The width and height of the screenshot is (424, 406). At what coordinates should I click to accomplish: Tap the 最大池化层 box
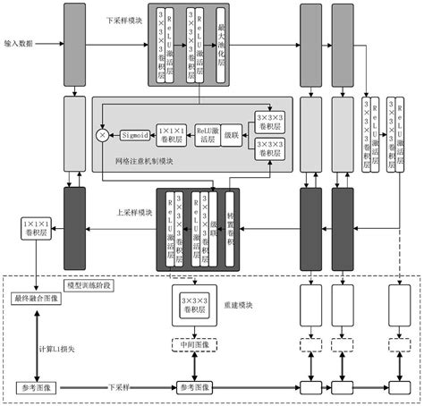221,45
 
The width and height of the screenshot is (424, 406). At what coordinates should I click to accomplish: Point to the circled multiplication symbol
101,134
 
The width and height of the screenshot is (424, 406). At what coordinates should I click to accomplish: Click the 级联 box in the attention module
232,132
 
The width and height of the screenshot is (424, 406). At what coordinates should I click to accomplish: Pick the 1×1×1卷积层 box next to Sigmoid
168,133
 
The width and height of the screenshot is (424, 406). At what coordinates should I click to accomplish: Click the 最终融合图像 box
35,298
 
